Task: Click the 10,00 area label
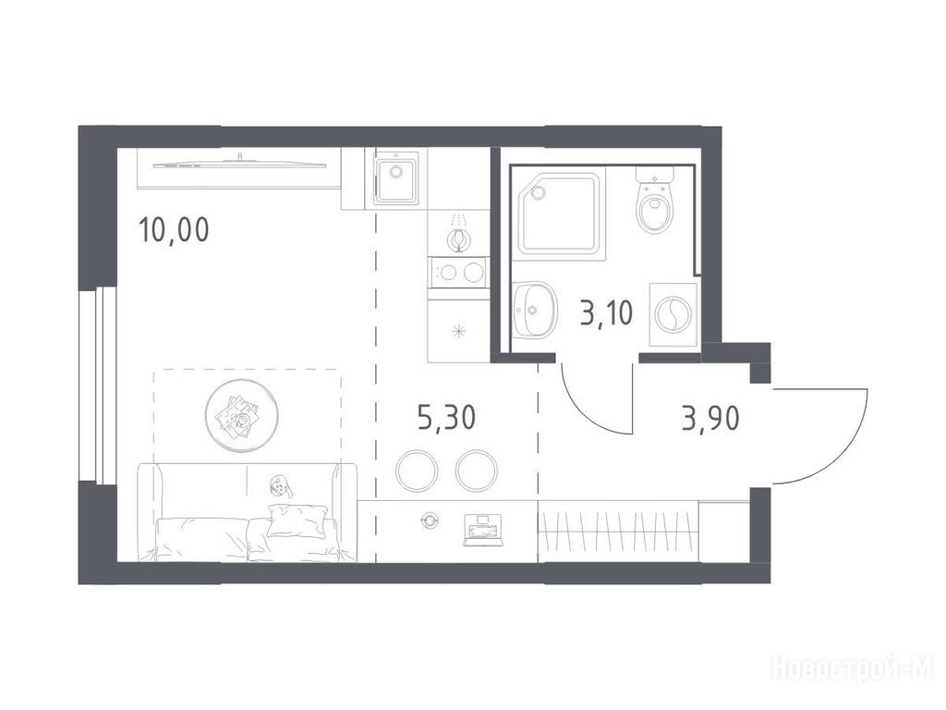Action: tap(175, 230)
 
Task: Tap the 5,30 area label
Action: tap(446, 417)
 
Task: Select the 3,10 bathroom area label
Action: tap(606, 314)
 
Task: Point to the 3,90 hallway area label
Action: tap(710, 418)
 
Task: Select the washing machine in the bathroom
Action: tap(673, 314)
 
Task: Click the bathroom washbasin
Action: tap(531, 310)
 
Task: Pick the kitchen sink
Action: tap(395, 178)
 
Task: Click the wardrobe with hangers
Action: tap(618, 532)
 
